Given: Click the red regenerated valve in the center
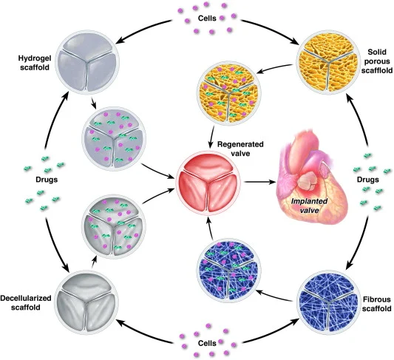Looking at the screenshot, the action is pyautogui.click(x=208, y=183).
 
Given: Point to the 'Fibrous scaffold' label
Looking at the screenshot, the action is pyautogui.click(x=377, y=304).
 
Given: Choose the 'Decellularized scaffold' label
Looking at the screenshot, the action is pyautogui.click(x=26, y=303).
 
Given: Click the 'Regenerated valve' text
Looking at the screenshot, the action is pyautogui.click(x=240, y=149).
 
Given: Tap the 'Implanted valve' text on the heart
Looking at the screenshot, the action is pyautogui.click(x=309, y=206).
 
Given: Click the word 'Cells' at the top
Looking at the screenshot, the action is pyautogui.click(x=207, y=18).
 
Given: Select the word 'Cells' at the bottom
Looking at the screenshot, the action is pyautogui.click(x=207, y=343).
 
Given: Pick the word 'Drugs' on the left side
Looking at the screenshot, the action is pyautogui.click(x=47, y=180).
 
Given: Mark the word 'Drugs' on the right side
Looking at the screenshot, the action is pyautogui.click(x=368, y=180).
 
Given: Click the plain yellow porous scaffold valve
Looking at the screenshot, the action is pyautogui.click(x=328, y=62).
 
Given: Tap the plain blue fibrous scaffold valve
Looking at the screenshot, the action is pyautogui.click(x=329, y=302).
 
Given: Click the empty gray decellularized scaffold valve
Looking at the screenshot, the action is pyautogui.click(x=86, y=302).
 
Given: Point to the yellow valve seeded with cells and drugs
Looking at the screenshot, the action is pyautogui.click(x=228, y=92).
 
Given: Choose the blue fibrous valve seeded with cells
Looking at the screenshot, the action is pyautogui.click(x=228, y=271).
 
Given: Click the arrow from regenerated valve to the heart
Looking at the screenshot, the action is pyautogui.click(x=259, y=182).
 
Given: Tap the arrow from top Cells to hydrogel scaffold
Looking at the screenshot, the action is pyautogui.click(x=143, y=29).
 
